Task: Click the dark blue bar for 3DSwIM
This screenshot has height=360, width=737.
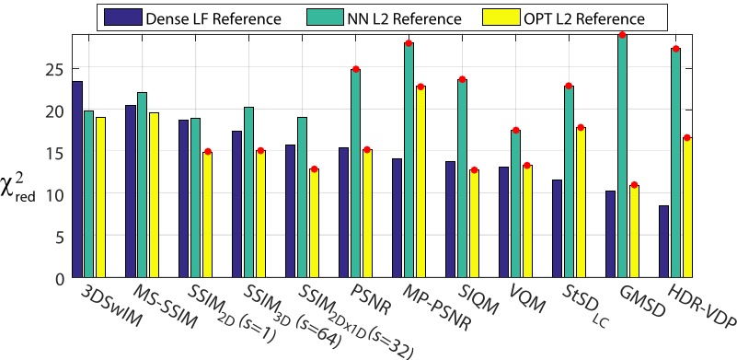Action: coord(77,180)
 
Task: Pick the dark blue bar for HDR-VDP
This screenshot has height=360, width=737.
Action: coord(663,241)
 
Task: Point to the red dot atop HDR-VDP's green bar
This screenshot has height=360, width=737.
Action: coord(675,49)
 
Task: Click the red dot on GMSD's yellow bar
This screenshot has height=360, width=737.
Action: coord(633,185)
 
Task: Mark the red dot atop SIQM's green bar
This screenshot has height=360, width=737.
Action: coord(462,79)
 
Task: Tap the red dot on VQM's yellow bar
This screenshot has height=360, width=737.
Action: coord(526,166)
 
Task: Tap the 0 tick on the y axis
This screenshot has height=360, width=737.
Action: coord(58,278)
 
